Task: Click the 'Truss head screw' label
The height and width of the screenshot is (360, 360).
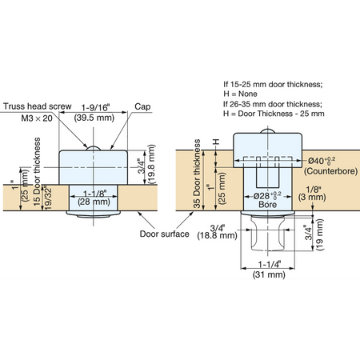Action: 38,106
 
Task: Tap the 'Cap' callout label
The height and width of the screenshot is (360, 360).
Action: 142,106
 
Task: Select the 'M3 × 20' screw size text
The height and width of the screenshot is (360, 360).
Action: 37,118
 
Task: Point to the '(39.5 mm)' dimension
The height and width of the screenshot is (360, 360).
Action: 94,118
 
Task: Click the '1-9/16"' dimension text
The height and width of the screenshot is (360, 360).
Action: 96,108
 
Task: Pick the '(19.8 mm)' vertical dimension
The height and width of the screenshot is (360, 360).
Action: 151,165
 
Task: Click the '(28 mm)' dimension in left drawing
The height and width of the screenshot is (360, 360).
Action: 94,202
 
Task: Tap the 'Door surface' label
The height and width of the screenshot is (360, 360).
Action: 165,234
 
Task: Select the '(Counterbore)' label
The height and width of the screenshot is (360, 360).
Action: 330,171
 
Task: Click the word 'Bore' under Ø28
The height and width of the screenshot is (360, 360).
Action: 267,205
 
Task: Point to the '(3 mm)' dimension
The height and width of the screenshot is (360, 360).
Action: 312,198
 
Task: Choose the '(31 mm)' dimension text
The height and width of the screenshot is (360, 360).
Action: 269,274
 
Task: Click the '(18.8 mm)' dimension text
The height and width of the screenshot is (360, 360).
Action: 217,236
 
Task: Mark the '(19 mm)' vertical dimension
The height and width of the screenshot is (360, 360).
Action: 320,234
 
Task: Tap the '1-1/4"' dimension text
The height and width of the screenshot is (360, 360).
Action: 270,265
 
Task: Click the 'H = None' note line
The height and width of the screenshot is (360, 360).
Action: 240,94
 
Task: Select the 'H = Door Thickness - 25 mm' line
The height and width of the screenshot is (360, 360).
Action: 274,114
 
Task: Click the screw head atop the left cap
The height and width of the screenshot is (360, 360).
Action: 93,148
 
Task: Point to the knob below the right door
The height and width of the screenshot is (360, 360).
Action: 268,233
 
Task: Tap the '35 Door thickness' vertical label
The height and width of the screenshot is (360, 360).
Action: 197,174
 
